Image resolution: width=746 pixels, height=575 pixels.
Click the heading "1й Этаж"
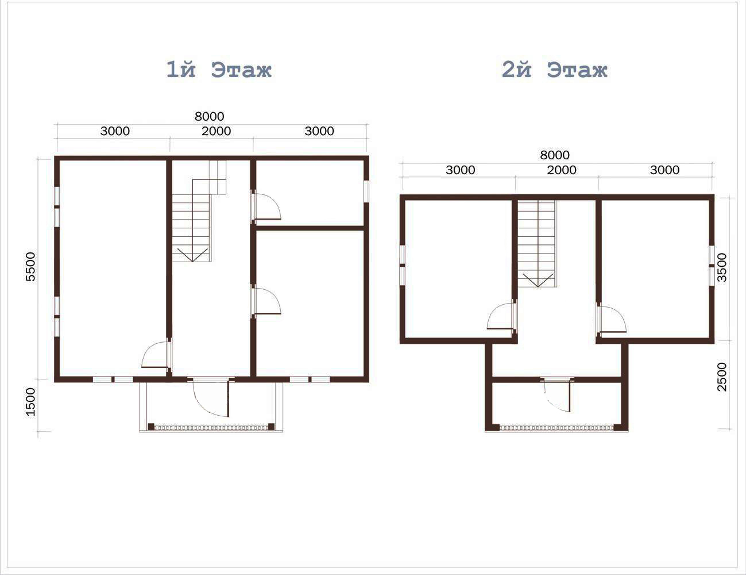[x=219, y=70]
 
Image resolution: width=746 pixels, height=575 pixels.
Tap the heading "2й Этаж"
[x=554, y=70]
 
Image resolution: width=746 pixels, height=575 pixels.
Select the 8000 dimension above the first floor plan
[x=210, y=117]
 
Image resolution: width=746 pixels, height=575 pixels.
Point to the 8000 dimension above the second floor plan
[x=555, y=155]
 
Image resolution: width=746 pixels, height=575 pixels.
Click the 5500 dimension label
[x=30, y=267]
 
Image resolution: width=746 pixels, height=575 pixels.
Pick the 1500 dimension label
[x=30, y=402]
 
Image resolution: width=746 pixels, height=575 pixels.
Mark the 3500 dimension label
[x=722, y=268]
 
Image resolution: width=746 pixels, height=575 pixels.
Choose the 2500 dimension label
[x=722, y=377]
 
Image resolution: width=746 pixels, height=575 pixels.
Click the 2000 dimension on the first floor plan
[x=217, y=131]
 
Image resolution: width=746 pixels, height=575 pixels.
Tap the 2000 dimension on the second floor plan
[x=562, y=170]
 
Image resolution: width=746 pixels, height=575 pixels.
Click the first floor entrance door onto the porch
[x=210, y=397]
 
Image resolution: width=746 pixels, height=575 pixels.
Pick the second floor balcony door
[x=558, y=394]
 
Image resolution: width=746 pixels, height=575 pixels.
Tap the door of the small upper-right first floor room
[x=266, y=206]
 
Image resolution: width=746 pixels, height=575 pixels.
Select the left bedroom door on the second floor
[x=501, y=316]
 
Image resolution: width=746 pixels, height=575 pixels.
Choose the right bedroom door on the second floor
[x=612, y=319]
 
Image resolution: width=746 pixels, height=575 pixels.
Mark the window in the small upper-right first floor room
[x=366, y=191]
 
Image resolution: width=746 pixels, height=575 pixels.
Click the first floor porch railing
[x=211, y=428]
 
